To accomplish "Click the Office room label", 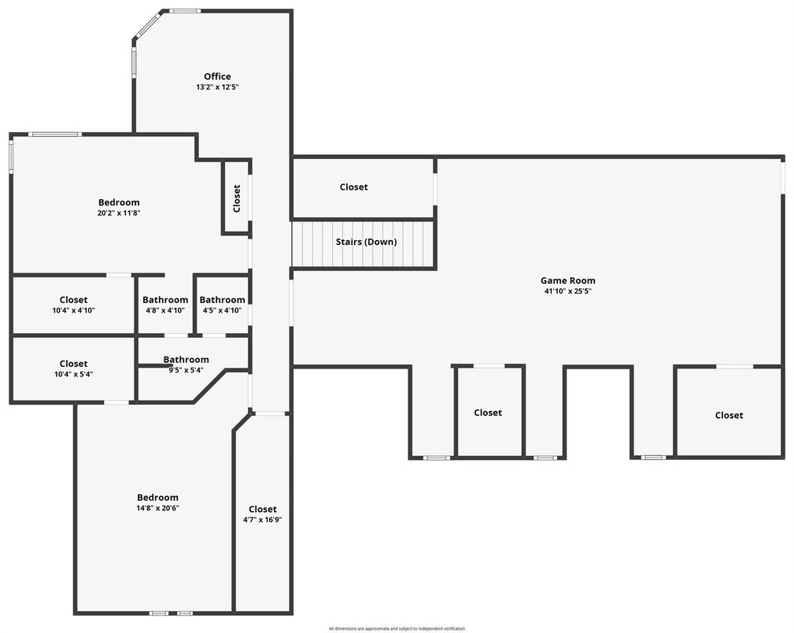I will point(217,76).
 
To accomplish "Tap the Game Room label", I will point(567,280).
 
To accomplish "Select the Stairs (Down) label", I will point(366,242).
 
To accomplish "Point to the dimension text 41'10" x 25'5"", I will point(567,291).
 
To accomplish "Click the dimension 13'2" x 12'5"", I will point(217,87).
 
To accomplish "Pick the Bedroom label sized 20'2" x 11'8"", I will point(119,202).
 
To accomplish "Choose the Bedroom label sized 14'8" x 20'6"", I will point(157,497).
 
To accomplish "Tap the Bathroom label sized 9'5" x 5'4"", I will point(186,360).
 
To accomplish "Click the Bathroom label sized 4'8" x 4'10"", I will point(165,299).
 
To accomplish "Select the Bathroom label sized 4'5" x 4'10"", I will point(222,299).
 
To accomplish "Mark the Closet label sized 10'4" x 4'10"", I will point(73,299).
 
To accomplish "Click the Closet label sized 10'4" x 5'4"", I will point(73,363).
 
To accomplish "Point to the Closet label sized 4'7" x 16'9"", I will point(263,509).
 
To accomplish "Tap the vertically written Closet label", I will point(237,198).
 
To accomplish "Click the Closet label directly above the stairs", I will point(353,187).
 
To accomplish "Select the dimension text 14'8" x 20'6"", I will point(157,508).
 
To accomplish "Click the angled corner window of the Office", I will point(148,24).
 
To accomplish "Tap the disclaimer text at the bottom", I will point(397,628).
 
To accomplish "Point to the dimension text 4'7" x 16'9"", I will point(263,520).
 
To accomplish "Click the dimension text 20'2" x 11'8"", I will point(119,213).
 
